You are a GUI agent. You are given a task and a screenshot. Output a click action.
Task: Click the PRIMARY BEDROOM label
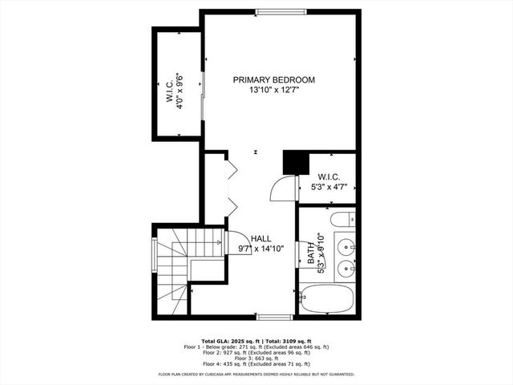click(273, 80)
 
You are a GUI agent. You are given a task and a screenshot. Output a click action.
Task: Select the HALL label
click(261, 239)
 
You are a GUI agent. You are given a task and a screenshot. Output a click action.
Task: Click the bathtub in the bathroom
click(327, 299)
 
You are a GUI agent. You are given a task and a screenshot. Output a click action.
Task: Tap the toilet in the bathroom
click(341, 219)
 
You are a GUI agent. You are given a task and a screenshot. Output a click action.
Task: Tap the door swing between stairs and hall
click(238, 242)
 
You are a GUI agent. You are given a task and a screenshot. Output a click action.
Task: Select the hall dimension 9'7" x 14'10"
click(261, 249)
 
